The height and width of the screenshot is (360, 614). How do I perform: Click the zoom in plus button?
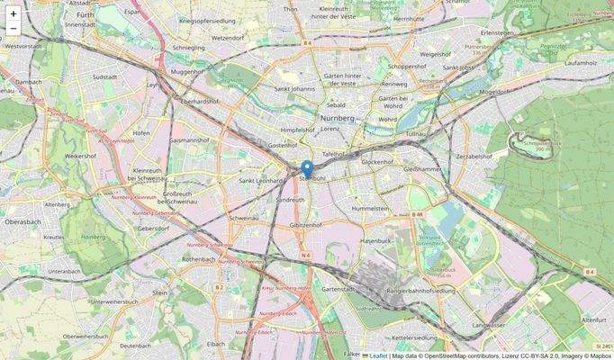(x=14, y=13)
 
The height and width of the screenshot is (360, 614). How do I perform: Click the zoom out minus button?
(x=14, y=29)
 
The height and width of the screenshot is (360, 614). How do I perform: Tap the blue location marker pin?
(x=307, y=169)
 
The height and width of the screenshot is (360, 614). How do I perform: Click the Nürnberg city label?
(x=338, y=118)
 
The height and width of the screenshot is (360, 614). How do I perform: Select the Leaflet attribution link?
(x=377, y=355)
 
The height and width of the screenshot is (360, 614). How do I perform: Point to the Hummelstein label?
(x=370, y=208)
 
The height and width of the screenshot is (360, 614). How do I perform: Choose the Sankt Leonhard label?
(x=261, y=180)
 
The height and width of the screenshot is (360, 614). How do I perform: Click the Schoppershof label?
(x=407, y=67)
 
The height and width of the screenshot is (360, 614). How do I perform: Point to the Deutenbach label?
(x=135, y=345)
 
